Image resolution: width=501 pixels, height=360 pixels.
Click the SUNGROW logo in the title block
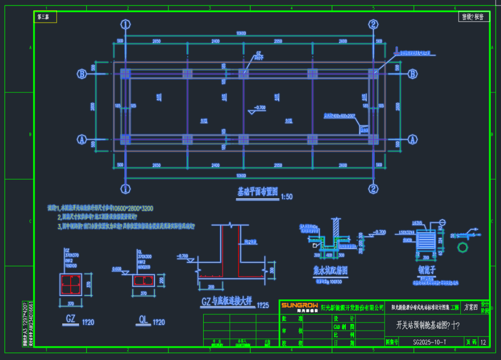[299, 307]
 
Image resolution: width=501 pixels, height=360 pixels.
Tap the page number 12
[483, 342]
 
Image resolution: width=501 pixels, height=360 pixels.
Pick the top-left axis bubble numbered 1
[125, 24]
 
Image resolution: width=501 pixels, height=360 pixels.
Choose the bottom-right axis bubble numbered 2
[373, 189]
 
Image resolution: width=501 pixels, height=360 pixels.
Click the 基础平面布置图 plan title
[257, 192]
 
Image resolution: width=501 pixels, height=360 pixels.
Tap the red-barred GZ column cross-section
[70, 284]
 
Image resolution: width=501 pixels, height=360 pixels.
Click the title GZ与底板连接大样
[227, 302]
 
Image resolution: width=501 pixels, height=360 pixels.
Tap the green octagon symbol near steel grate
[462, 248]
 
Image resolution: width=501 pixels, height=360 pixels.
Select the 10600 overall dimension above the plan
[241, 33]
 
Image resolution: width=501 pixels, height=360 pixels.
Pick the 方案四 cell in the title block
[471, 307]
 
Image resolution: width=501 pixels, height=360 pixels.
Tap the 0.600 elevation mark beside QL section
[116, 268]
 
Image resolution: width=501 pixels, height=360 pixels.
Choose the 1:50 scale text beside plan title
[286, 196]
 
